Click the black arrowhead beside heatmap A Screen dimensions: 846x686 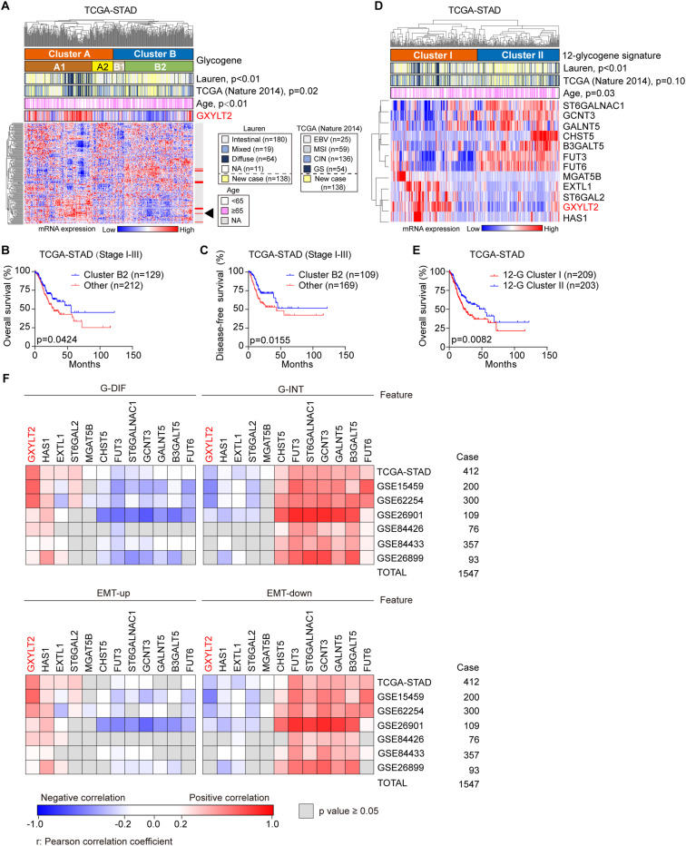coord(210,212)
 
